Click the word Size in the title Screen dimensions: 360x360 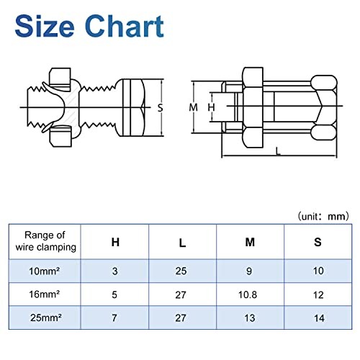coord(45,26)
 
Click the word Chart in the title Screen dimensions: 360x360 coord(125,26)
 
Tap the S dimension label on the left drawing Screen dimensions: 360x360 coord(160,107)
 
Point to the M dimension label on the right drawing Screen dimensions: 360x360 coord(193,107)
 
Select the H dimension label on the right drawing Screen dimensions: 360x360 coord(211,107)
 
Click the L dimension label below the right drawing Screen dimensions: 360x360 coord(278,151)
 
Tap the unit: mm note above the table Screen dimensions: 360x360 coord(323,217)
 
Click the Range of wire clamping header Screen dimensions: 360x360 coord(45,241)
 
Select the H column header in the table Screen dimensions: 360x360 coord(115,242)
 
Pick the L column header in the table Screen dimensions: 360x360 coord(182,243)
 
